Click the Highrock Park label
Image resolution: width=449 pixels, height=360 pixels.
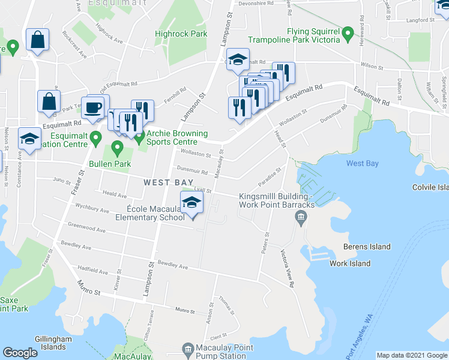[x=181, y=34]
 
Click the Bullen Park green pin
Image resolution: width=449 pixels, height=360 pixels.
[x=117, y=146]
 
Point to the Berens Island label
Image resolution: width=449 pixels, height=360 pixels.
[x=367, y=247]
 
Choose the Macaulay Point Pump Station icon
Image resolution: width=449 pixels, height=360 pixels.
[x=188, y=349]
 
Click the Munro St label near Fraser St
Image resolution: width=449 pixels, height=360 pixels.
[x=88, y=290]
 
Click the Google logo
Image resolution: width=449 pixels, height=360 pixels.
[x=20, y=353]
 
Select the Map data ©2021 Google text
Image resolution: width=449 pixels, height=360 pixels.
[x=411, y=355]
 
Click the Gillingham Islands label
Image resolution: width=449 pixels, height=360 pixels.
[x=53, y=343]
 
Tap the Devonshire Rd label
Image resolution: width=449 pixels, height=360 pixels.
[x=255, y=3]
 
